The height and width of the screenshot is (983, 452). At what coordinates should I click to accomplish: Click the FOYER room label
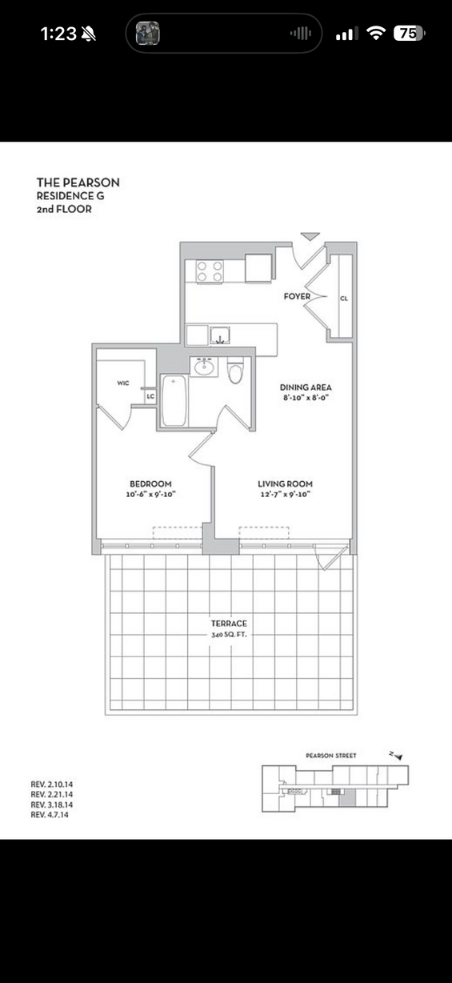pyautogui.click(x=297, y=296)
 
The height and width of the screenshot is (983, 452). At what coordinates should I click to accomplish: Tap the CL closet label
pyautogui.click(x=344, y=299)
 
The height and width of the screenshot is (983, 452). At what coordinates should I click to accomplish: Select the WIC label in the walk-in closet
pyautogui.click(x=123, y=383)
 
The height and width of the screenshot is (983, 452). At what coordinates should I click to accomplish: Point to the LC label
pyautogui.click(x=150, y=396)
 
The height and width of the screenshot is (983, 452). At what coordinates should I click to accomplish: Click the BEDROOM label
pyautogui.click(x=150, y=483)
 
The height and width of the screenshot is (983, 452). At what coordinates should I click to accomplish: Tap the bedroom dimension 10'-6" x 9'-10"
pyautogui.click(x=150, y=494)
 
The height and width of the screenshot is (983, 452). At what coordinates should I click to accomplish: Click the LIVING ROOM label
pyautogui.click(x=285, y=483)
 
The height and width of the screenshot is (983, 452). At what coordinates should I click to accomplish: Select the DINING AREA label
pyautogui.click(x=306, y=387)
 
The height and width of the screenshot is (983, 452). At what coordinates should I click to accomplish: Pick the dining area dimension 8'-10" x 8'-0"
pyautogui.click(x=306, y=398)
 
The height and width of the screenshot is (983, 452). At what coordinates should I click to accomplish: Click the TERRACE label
pyautogui.click(x=229, y=623)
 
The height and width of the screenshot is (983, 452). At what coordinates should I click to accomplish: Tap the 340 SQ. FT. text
pyautogui.click(x=229, y=635)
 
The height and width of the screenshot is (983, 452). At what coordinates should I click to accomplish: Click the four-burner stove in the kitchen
pyautogui.click(x=210, y=271)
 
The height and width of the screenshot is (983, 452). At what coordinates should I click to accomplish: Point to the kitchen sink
pyautogui.click(x=220, y=335)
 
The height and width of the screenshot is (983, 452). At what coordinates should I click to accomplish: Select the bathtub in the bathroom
pyautogui.click(x=174, y=400)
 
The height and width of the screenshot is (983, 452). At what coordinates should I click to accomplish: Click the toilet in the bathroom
pyautogui.click(x=235, y=370)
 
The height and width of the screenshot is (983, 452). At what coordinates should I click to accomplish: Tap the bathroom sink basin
pyautogui.click(x=204, y=367)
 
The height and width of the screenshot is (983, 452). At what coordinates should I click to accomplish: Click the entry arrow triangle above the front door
pyautogui.click(x=310, y=236)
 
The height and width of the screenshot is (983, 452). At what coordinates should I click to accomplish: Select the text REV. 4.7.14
pyautogui.click(x=50, y=814)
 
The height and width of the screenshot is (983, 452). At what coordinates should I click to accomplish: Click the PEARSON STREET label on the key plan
pyautogui.click(x=331, y=755)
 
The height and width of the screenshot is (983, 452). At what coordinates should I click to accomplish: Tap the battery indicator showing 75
pyautogui.click(x=410, y=34)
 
